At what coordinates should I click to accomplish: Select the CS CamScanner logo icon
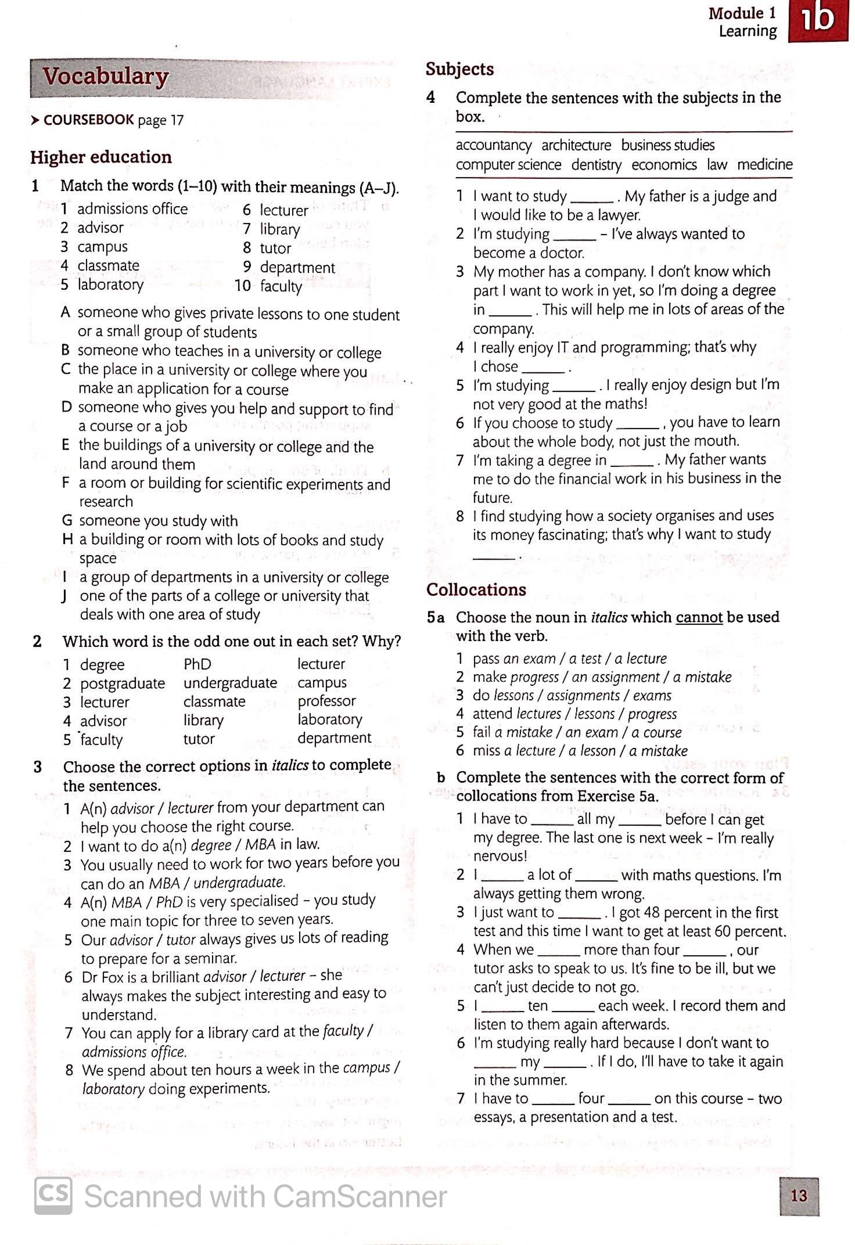(x=53, y=1196)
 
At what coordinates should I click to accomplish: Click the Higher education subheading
(x=101, y=157)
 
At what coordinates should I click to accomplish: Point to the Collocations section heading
(x=476, y=589)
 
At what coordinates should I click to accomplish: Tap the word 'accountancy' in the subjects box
(x=493, y=145)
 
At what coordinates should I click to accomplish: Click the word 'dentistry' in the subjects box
(x=596, y=165)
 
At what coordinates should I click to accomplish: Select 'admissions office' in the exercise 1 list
(x=132, y=209)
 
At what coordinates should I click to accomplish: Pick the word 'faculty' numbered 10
(x=281, y=286)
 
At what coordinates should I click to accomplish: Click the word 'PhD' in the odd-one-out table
(x=197, y=664)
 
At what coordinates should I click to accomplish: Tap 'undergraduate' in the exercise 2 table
(x=230, y=683)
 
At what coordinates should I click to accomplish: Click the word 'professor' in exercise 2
(x=326, y=701)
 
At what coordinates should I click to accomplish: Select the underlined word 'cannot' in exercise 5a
(x=699, y=617)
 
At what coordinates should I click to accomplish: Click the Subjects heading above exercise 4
(x=459, y=69)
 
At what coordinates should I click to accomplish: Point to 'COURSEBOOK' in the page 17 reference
(x=89, y=120)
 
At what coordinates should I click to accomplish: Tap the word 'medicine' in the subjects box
(x=764, y=165)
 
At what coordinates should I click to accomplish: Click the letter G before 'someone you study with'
(x=67, y=521)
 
